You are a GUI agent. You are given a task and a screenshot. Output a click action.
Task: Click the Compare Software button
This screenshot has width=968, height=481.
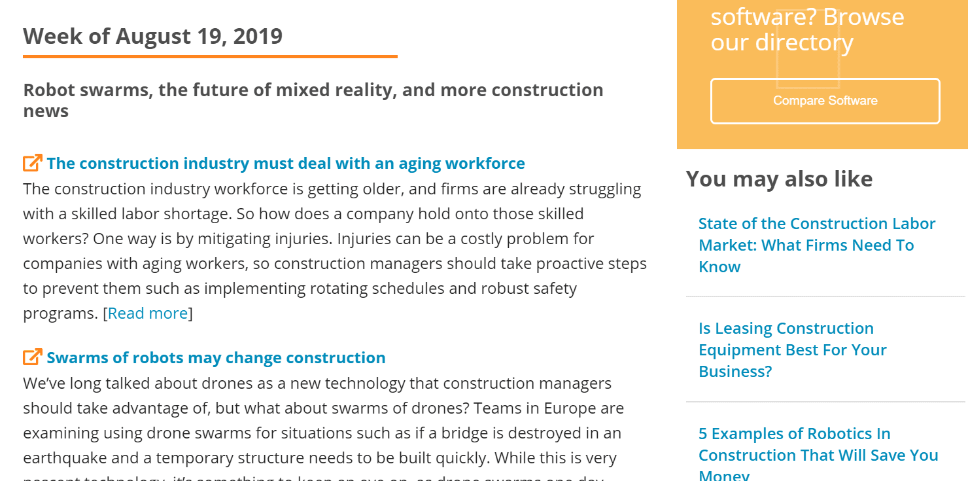(825, 101)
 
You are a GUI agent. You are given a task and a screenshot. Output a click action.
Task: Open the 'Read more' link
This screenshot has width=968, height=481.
(148, 313)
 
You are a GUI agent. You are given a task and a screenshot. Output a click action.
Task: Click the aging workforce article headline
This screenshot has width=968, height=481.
(285, 163)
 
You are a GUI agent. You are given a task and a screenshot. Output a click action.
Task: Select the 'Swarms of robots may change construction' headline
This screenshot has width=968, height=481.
(216, 358)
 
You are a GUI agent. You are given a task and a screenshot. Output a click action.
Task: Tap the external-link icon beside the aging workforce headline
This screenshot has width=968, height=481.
(32, 162)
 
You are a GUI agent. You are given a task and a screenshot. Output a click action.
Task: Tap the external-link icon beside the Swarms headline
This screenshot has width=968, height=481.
(32, 357)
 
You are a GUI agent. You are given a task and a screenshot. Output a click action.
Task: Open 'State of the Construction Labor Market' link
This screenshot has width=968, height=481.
(817, 245)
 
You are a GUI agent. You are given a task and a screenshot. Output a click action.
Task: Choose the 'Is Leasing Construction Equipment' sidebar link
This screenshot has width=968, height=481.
(792, 349)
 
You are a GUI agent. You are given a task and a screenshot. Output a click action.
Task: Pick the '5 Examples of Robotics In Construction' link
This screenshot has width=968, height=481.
(818, 454)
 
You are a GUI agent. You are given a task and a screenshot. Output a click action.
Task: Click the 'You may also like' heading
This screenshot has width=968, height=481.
(779, 179)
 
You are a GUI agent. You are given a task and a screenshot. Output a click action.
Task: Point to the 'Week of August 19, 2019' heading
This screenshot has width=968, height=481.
(153, 36)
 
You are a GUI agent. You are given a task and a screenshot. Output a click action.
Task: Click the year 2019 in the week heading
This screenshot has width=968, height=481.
(257, 36)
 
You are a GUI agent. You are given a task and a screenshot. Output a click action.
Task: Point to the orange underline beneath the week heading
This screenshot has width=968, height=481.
(210, 57)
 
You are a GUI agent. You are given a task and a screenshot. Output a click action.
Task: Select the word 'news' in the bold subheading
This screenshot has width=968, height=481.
(46, 111)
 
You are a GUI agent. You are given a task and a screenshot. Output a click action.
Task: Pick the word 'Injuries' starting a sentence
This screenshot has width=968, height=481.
(364, 239)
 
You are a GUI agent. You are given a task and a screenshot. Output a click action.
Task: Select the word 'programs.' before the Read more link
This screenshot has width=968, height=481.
(60, 313)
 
